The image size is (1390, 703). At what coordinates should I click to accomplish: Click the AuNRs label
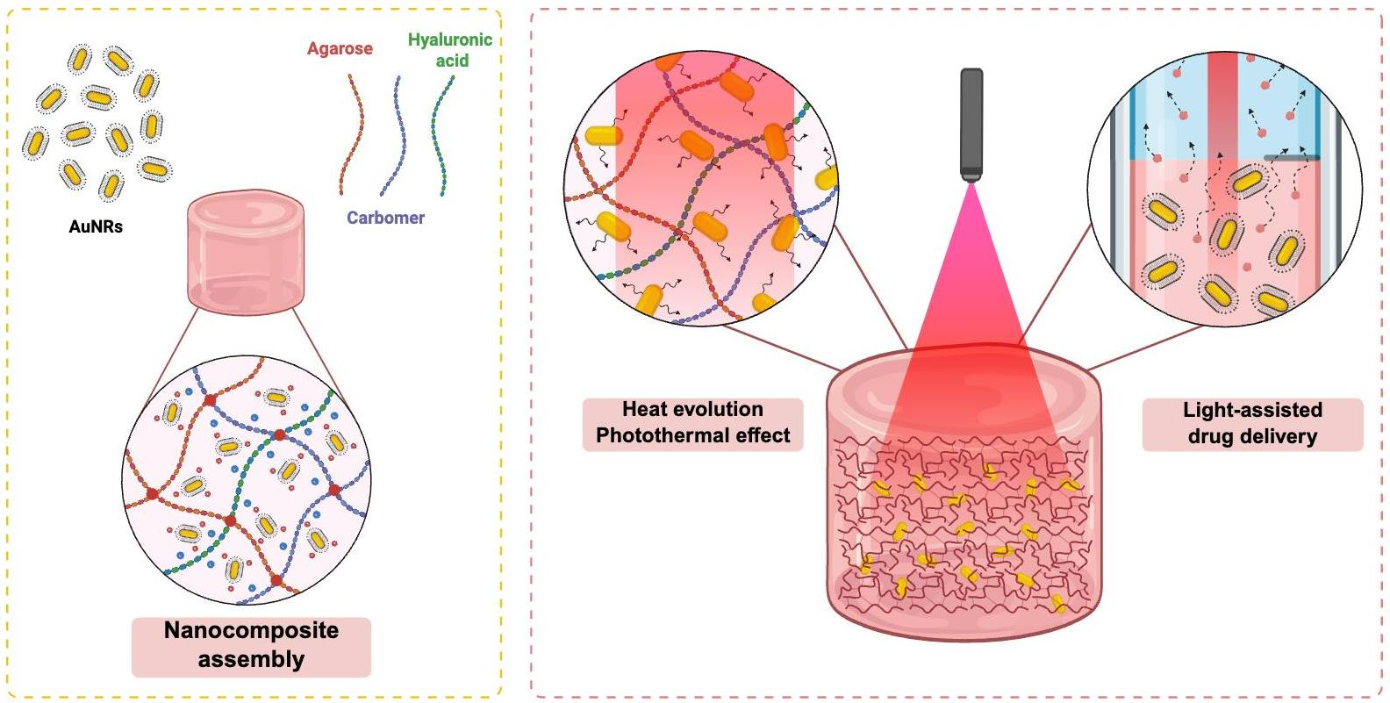pyautogui.click(x=96, y=226)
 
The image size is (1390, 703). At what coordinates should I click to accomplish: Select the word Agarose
pyautogui.click(x=340, y=48)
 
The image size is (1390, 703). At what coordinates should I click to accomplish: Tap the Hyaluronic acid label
pyautogui.click(x=450, y=50)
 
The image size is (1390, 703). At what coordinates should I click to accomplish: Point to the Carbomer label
pyautogui.click(x=385, y=218)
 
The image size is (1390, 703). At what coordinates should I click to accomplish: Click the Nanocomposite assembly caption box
pyautogui.click(x=251, y=646)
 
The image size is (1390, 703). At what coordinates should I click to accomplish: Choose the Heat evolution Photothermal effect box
pyautogui.click(x=692, y=423)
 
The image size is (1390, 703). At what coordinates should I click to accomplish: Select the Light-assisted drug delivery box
pyautogui.click(x=1252, y=424)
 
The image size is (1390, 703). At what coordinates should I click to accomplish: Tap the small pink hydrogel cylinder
pyautogui.click(x=246, y=254)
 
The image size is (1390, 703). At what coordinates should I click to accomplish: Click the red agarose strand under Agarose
pyautogui.click(x=352, y=132)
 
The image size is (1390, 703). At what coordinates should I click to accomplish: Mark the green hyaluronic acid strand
pyautogui.click(x=442, y=132)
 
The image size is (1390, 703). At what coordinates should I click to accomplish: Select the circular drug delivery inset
pyautogui.click(x=1224, y=189)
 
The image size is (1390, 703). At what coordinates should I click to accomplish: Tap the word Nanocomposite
pyautogui.click(x=251, y=631)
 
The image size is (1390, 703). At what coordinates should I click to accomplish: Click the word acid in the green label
pyautogui.click(x=453, y=61)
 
